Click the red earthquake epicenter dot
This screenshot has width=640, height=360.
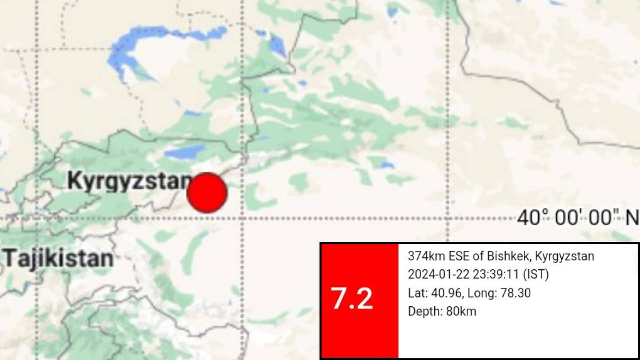pos(207,193)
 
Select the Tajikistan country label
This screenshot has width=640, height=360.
pos(59,259)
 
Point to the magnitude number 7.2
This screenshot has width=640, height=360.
pos(352,299)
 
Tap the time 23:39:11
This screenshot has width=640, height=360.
pos(497,274)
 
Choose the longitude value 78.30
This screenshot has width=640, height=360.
pos(516,293)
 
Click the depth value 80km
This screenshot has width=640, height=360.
pos(461,311)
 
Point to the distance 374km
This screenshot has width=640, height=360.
pos(426,256)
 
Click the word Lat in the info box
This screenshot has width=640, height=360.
pos(417,293)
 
